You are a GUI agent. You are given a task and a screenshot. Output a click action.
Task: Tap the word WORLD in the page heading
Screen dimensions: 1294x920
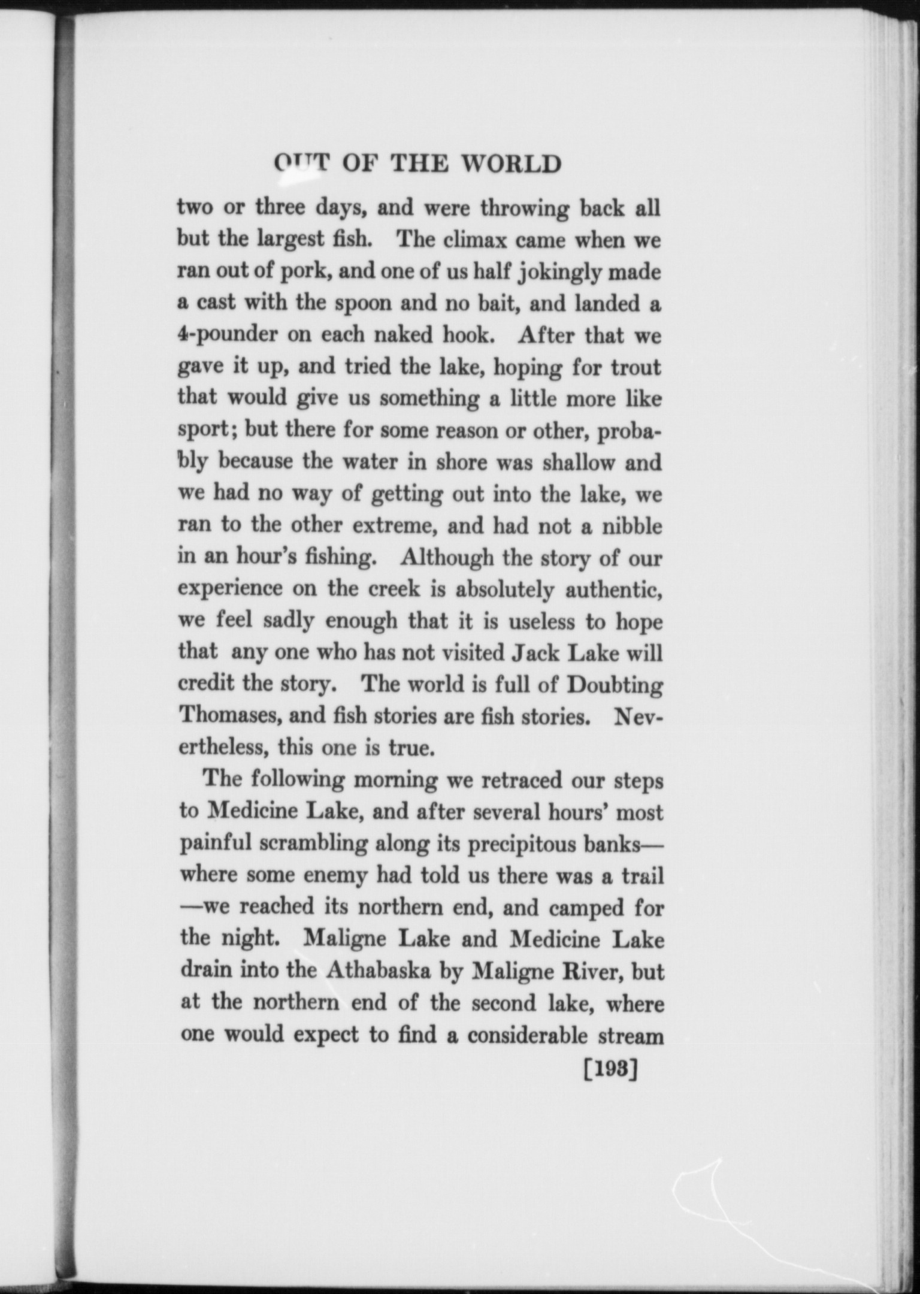(x=513, y=164)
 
